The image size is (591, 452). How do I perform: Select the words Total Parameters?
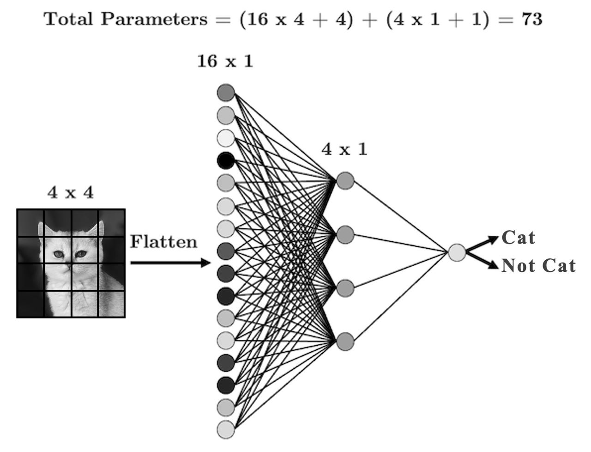pyautogui.click(x=126, y=19)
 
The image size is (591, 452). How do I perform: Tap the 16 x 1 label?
pyautogui.click(x=225, y=61)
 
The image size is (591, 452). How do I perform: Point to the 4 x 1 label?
pyautogui.click(x=344, y=149)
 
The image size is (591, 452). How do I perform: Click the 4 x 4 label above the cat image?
pyautogui.click(x=70, y=192)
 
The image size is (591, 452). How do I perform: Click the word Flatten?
pyautogui.click(x=163, y=242)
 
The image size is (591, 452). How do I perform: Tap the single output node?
pyautogui.click(x=457, y=252)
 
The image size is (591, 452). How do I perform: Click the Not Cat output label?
pyautogui.click(x=538, y=266)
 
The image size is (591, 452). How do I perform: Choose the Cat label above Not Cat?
pyautogui.click(x=518, y=238)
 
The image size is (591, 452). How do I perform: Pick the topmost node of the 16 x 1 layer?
pyautogui.click(x=226, y=92)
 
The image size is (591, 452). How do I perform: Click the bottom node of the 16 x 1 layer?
pyautogui.click(x=226, y=429)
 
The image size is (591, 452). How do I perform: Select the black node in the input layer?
pyautogui.click(x=226, y=160)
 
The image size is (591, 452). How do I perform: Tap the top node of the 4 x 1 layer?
pyautogui.click(x=345, y=181)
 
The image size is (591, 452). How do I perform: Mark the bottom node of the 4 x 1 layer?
pyautogui.click(x=345, y=342)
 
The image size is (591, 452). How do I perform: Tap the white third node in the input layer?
pyautogui.click(x=226, y=138)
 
